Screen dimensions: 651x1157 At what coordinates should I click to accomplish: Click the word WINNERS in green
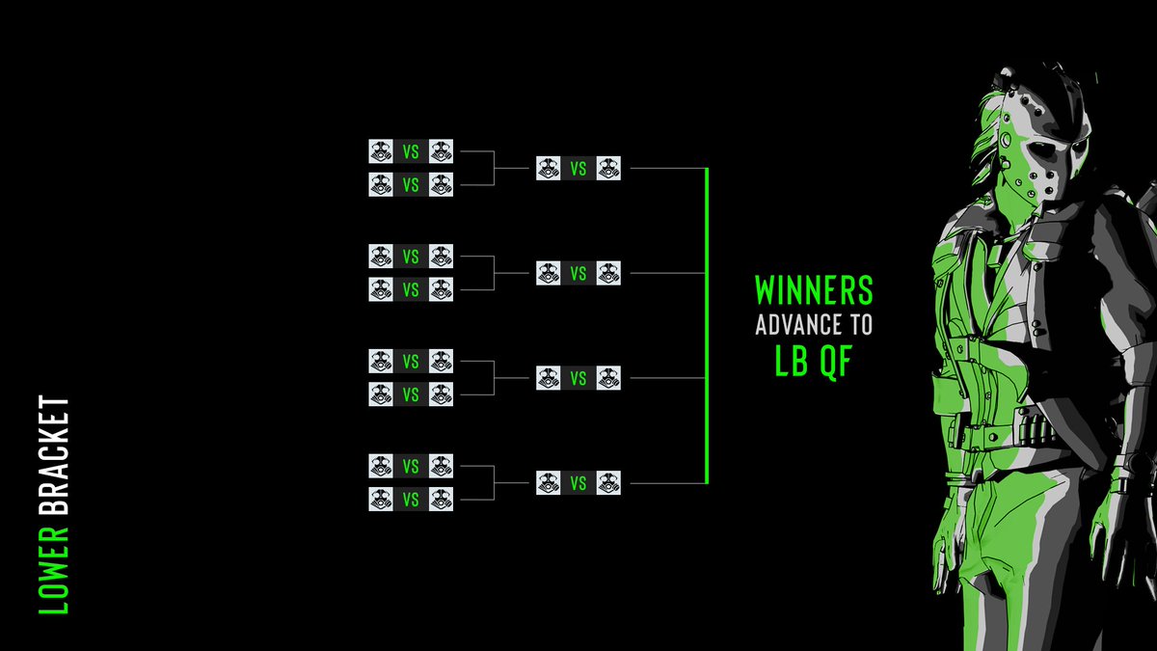(x=814, y=290)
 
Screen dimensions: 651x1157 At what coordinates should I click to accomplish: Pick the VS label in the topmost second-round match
(x=578, y=169)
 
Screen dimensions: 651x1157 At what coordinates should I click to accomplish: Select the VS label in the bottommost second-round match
(x=578, y=483)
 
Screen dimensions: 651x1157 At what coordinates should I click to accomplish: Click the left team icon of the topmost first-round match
(x=381, y=150)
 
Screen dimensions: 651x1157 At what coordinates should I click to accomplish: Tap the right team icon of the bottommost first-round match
(x=441, y=499)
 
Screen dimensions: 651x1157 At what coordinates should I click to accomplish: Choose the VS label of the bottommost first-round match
(x=411, y=500)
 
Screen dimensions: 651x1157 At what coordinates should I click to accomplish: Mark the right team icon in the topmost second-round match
(x=608, y=169)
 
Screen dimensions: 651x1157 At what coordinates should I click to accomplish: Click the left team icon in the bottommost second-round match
(x=549, y=483)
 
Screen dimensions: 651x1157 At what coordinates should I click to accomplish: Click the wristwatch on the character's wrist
(x=1120, y=477)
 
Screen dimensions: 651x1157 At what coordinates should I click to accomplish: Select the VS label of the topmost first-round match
(x=411, y=151)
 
